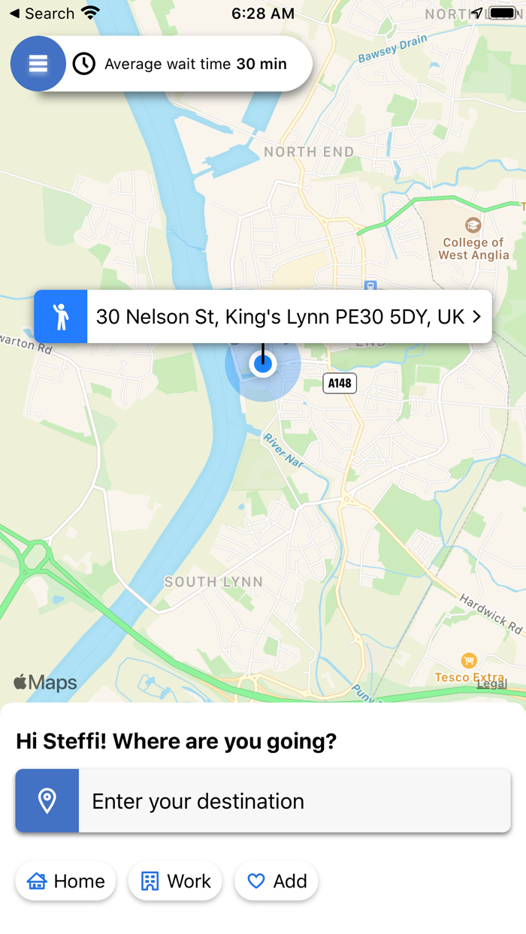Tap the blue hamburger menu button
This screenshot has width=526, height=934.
[x=38, y=64]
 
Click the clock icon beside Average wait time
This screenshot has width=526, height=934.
[x=84, y=64]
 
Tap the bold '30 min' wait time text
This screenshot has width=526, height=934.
[x=261, y=65]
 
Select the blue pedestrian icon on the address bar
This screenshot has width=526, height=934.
[x=61, y=317]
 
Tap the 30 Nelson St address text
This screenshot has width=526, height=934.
[x=280, y=317]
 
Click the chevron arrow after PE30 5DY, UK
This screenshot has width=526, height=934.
[x=476, y=317]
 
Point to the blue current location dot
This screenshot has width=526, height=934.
[x=263, y=364]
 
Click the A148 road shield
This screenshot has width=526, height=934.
[x=340, y=383]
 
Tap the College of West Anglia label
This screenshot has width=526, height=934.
[x=473, y=249]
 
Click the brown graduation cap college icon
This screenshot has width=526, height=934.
[x=473, y=224]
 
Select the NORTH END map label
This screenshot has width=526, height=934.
[x=309, y=152]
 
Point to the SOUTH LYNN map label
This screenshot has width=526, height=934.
[x=213, y=582]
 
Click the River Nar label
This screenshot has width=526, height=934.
[x=283, y=450]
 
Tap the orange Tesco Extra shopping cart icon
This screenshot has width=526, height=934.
[x=469, y=661]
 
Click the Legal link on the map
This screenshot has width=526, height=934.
[x=491, y=683]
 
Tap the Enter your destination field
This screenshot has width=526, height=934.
[x=295, y=801]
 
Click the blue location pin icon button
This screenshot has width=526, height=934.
[x=47, y=801]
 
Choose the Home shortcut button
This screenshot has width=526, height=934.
[x=65, y=881]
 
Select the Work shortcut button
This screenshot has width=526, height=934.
[x=175, y=881]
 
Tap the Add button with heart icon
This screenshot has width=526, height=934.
[x=277, y=881]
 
